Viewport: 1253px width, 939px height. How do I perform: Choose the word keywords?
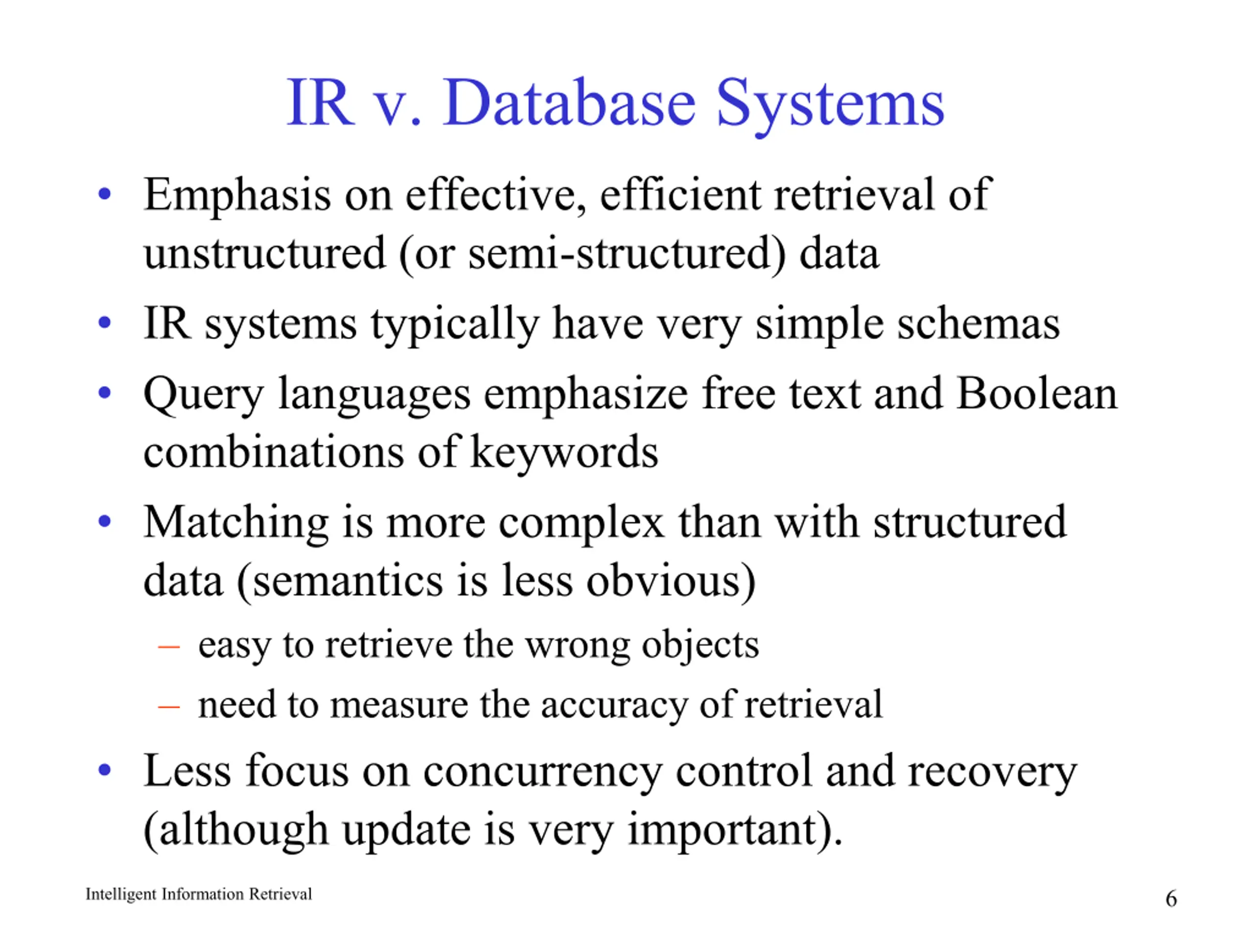564,452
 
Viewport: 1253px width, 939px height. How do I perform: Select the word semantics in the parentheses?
348,582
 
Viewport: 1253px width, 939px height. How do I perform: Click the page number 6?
1171,898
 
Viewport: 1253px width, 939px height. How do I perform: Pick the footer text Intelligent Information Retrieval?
199,894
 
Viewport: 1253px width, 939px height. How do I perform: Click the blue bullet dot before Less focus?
104,770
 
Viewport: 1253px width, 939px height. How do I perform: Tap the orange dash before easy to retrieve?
169,646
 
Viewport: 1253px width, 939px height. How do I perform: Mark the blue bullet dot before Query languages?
104,393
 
